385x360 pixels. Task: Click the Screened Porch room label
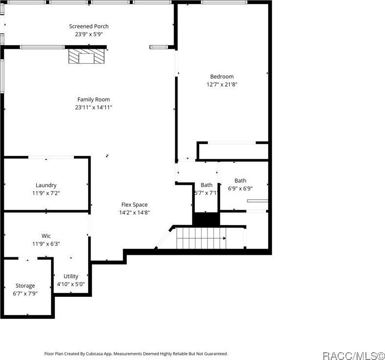click(x=89, y=26)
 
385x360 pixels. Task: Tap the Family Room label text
click(x=93, y=99)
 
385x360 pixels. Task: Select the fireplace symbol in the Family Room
click(x=87, y=56)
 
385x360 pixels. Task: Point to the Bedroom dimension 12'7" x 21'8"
click(x=222, y=84)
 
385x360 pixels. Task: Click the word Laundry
click(x=46, y=185)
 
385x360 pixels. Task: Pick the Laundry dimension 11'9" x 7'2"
click(x=46, y=193)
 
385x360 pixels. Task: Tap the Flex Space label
click(x=135, y=205)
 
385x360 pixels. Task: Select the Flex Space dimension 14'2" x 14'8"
click(x=135, y=212)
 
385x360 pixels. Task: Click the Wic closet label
click(x=46, y=236)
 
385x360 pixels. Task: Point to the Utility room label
click(x=70, y=276)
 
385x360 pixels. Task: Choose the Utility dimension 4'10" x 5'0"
click(x=70, y=284)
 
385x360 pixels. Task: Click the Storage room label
click(x=25, y=286)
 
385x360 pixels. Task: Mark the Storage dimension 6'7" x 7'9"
click(x=25, y=293)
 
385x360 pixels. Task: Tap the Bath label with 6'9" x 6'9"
click(x=240, y=180)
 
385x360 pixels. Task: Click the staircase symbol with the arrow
click(x=201, y=239)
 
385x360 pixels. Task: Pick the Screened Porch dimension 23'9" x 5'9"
click(x=89, y=34)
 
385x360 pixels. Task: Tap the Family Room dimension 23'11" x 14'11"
click(x=93, y=107)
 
